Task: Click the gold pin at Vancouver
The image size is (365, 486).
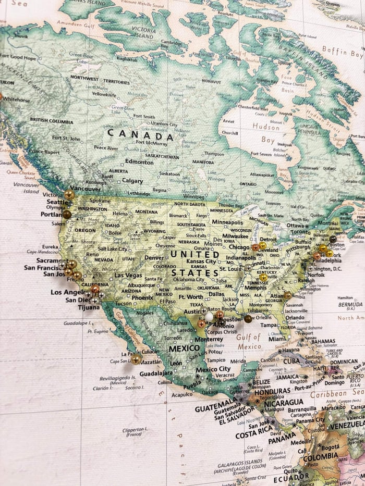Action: coord(69,195)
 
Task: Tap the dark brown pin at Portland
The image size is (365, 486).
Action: coord(67,214)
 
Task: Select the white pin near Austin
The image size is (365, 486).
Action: coord(209,316)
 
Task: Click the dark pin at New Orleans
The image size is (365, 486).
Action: coord(248,319)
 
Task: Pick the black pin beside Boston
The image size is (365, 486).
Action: coord(333,240)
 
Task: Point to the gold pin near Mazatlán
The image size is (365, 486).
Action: coord(136,359)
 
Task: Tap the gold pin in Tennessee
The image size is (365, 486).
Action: coord(263,278)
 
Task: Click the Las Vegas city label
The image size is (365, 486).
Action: coord(128,275)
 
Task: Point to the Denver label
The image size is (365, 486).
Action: coord(154,257)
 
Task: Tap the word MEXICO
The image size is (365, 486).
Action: coord(184,348)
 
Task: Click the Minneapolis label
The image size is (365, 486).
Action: coord(227,222)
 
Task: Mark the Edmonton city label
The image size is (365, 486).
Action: coord(139,161)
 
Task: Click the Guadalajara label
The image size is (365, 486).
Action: coord(156,373)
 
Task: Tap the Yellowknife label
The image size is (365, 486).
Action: coord(104,94)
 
